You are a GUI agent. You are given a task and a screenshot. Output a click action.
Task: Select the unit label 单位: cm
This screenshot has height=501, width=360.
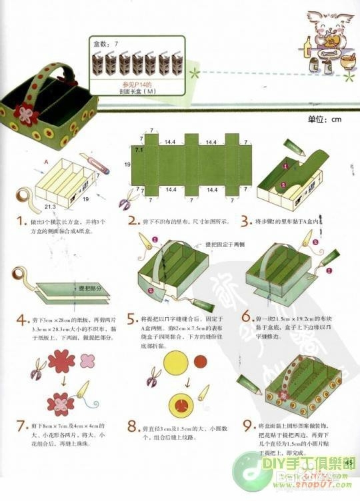pyautogui.click(x=324, y=120)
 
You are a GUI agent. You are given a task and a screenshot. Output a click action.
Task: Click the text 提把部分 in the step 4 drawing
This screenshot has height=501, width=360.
pyautogui.click(x=91, y=288)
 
